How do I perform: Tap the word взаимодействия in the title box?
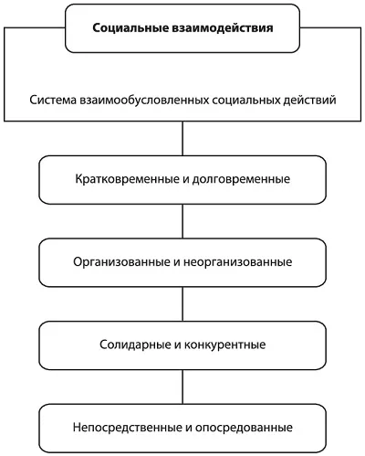(x=223, y=28)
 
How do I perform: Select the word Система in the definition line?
(x=53, y=100)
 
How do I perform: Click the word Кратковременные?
(x=128, y=179)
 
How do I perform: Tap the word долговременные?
(x=241, y=179)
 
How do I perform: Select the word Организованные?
(x=121, y=262)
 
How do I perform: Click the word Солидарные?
(x=135, y=345)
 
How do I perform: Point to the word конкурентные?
(x=224, y=345)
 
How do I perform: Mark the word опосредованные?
(x=244, y=428)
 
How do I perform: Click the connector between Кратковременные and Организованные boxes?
(x=182, y=221)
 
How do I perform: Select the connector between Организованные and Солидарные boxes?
(x=182, y=304)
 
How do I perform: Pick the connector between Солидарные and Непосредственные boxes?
(x=182, y=387)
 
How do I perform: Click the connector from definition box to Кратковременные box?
(x=182, y=139)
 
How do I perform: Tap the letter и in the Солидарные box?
(x=177, y=345)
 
